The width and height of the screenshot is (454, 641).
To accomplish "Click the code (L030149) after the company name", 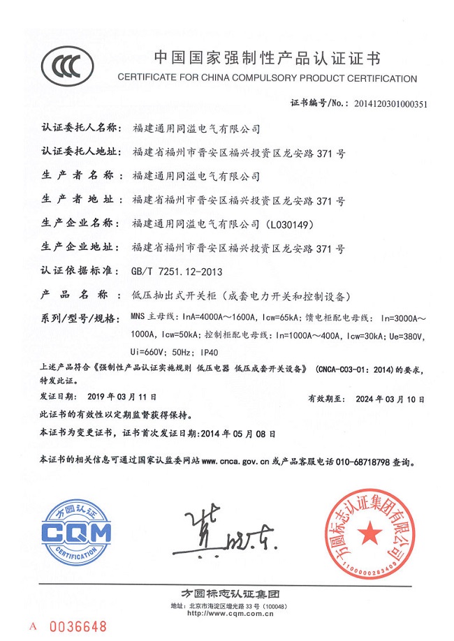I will [x=292, y=224].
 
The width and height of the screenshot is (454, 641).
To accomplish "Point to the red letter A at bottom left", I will [x=31, y=626].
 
